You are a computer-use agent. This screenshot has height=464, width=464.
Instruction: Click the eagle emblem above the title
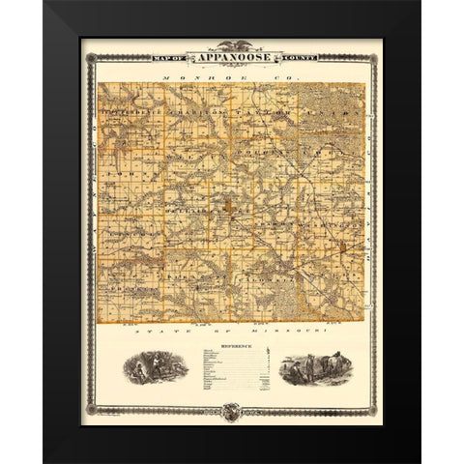pos(231,44)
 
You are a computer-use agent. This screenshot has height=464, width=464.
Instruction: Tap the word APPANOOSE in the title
pos(231,58)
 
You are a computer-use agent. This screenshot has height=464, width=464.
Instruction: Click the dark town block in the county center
pos(228,205)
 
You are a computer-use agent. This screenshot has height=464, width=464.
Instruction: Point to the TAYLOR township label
pos(246,112)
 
